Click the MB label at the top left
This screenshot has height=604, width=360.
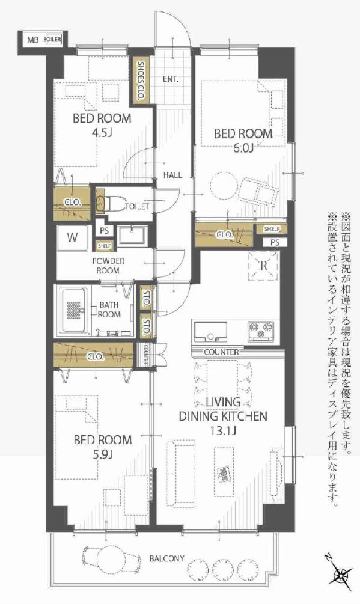pyautogui.click(x=32, y=40)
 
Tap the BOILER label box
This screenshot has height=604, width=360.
pyautogui.click(x=53, y=39)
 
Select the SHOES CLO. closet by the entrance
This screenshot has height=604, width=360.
pyautogui.click(x=141, y=81)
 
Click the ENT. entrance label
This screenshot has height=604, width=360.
pyautogui.click(x=170, y=79)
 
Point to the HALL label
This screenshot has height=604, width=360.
pyautogui.click(x=172, y=175)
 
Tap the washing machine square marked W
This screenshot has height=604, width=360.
pyautogui.click(x=72, y=237)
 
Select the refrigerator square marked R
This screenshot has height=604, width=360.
pyautogui.click(x=263, y=266)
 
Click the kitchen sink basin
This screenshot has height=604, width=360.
pyautogui.click(x=210, y=331)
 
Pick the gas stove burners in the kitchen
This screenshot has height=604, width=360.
pyautogui.click(x=261, y=331)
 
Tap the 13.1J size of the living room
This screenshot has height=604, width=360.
pyautogui.click(x=223, y=430)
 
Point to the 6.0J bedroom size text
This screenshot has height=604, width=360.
pyautogui.click(x=243, y=148)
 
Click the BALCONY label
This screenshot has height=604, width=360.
pyautogui.click(x=166, y=558)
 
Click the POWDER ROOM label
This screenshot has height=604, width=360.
pyautogui.click(x=108, y=266)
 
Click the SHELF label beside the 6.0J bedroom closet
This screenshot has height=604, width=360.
pyautogui.click(x=272, y=229)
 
